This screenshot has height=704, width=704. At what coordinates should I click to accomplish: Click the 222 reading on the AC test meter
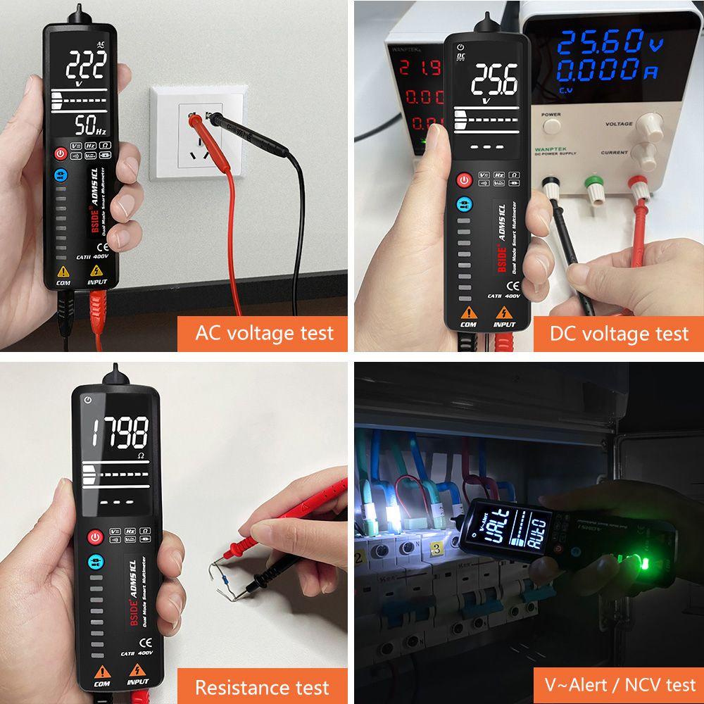pyautogui.click(x=86, y=66)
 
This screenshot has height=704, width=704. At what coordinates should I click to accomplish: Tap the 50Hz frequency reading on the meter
pyautogui.click(x=90, y=127)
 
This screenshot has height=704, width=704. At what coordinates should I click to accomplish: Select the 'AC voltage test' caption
pyautogui.click(x=264, y=332)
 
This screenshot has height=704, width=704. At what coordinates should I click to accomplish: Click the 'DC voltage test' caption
pyautogui.click(x=619, y=332)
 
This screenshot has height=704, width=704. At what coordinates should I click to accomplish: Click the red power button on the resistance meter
pyautogui.click(x=94, y=538)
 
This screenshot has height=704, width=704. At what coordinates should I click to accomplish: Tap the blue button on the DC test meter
pyautogui.click(x=463, y=205)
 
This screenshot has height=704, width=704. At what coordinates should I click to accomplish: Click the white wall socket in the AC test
pyautogui.click(x=195, y=132)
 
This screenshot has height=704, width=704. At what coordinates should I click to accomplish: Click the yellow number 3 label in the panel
pyautogui.click(x=436, y=548)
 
